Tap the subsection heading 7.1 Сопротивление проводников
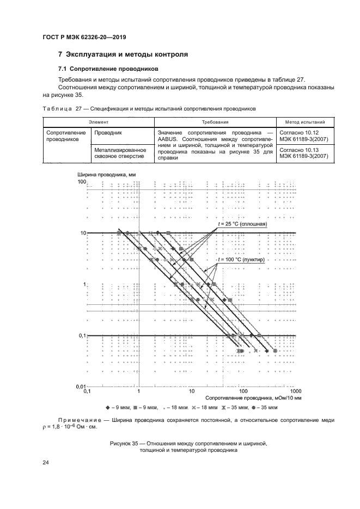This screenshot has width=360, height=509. coord(108,70)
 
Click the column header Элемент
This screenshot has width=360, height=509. coord(99,123)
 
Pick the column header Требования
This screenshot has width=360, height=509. coord(215,123)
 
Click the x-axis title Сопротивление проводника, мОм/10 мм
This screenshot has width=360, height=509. coord(254,397)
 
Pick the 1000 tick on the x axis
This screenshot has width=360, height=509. coord(296,391)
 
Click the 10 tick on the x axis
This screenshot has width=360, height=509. coord(191,391)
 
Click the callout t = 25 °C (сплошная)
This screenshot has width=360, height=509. coord(242,224)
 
